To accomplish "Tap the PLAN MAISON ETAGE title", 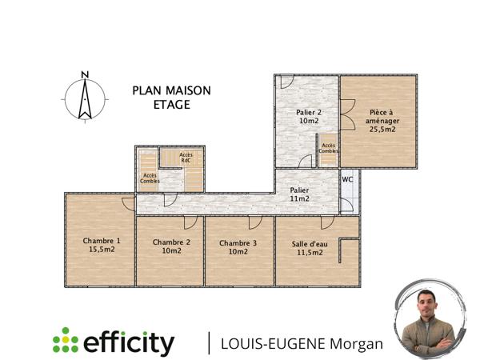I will (x=171, y=98).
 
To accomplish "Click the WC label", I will (x=348, y=179).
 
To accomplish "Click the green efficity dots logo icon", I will (x=66, y=342).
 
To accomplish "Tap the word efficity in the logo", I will (x=128, y=342).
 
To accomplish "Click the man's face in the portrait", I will (x=428, y=308).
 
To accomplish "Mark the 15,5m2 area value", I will (x=102, y=250).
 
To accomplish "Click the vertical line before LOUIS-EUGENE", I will (x=210, y=342).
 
